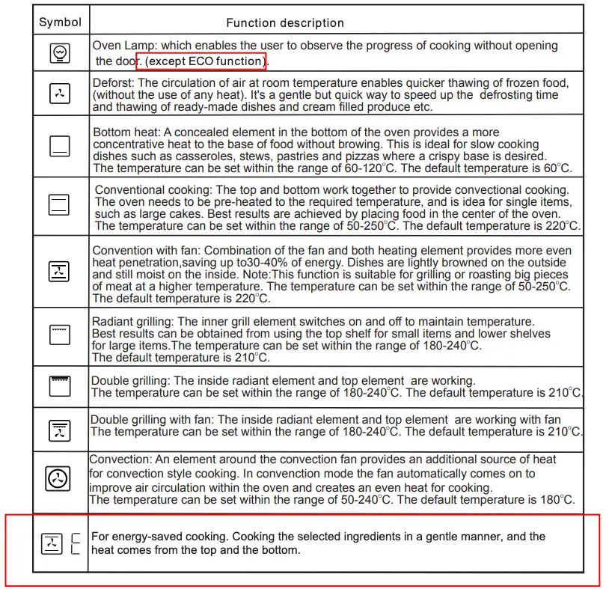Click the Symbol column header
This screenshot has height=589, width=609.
[60, 22]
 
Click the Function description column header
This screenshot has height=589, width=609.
[285, 23]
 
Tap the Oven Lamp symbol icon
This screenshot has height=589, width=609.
[60, 53]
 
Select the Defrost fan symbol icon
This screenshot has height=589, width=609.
[60, 94]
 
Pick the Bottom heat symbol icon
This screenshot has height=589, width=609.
[60, 146]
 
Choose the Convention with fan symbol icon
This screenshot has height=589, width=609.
[60, 272]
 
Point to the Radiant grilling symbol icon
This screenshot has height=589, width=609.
[60, 335]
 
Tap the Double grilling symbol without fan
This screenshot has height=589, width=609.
[60, 385]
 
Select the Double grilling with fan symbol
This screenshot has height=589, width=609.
[60, 430]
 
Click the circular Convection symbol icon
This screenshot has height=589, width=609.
[59, 478]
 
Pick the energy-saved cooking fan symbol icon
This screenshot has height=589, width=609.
[52, 543]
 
